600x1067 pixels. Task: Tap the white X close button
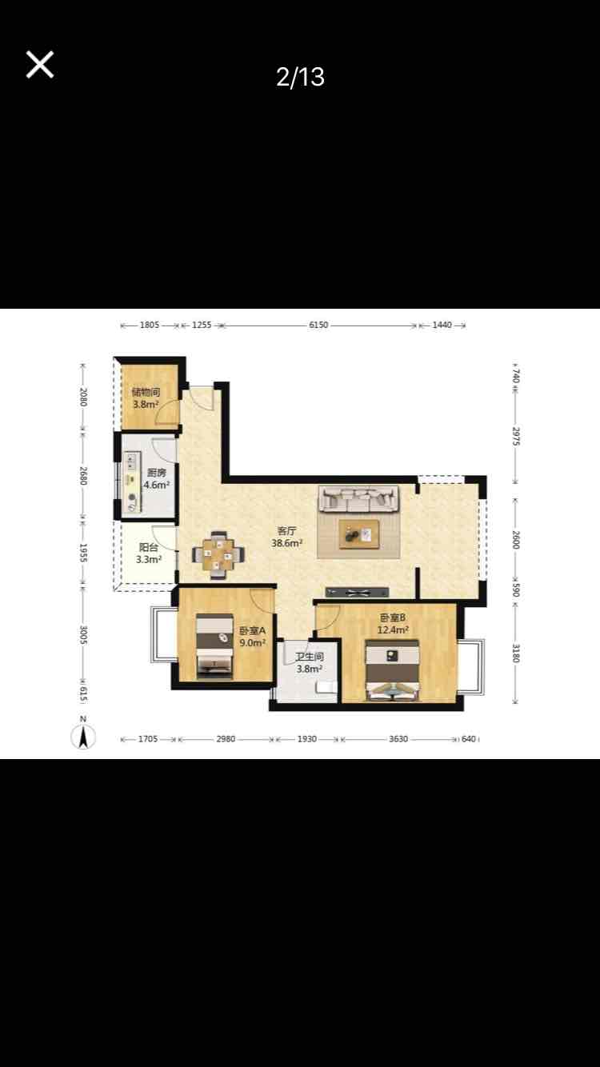pyautogui.click(x=39, y=64)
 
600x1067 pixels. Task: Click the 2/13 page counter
pyautogui.click(x=300, y=77)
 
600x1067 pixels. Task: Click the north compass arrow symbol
pyautogui.click(x=83, y=737)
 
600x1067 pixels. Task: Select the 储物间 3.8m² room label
pyautogui.click(x=146, y=398)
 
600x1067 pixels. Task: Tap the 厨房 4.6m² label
pyautogui.click(x=157, y=479)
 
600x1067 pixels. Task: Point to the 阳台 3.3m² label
pyautogui.click(x=149, y=553)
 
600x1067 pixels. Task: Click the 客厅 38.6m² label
pyautogui.click(x=287, y=537)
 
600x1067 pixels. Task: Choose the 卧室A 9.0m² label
pyautogui.click(x=252, y=637)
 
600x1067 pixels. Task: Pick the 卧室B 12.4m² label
pyautogui.click(x=393, y=624)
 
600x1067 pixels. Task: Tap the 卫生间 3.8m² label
pyautogui.click(x=310, y=662)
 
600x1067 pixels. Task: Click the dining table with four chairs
pyautogui.click(x=218, y=554)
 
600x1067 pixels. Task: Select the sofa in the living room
pyautogui.click(x=358, y=499)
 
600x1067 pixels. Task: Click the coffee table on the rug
pyautogui.click(x=359, y=534)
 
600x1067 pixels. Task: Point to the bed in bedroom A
pyautogui.click(x=215, y=645)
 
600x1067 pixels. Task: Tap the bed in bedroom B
pyautogui.click(x=392, y=670)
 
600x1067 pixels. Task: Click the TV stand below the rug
pyautogui.click(x=357, y=593)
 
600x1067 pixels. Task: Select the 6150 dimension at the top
pyautogui.click(x=318, y=325)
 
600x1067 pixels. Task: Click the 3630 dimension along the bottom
pyautogui.click(x=398, y=739)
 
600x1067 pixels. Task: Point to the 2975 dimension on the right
pyautogui.click(x=516, y=436)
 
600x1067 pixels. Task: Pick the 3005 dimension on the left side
pyautogui.click(x=83, y=635)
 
